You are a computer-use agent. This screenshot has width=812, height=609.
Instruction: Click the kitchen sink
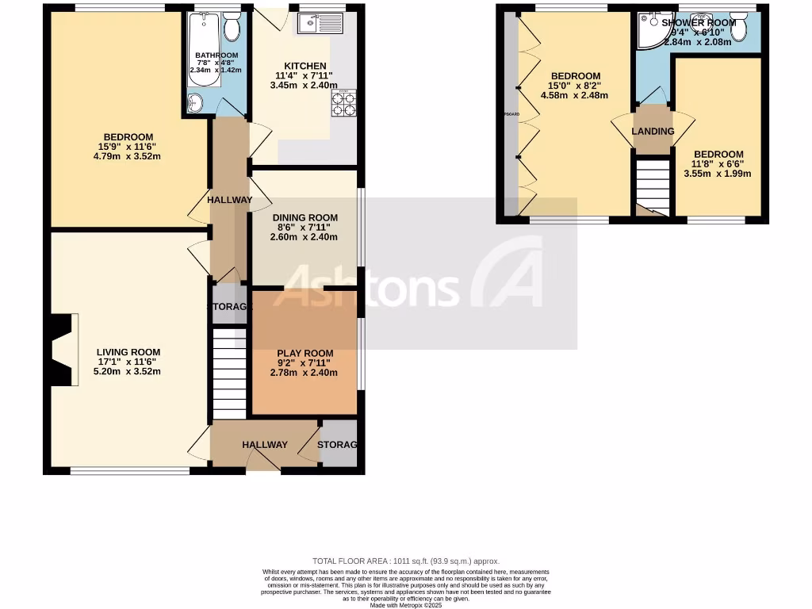point(320,24)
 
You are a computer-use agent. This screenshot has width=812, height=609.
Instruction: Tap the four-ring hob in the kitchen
point(347,104)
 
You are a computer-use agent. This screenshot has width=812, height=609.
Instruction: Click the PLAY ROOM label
point(304,353)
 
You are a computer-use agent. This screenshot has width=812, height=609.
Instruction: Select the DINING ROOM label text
point(304,217)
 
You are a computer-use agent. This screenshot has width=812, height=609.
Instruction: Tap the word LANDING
point(653,132)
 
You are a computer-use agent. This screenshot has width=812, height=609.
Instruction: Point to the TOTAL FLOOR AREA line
point(406,561)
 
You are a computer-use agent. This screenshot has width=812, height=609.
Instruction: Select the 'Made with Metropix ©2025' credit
point(406,605)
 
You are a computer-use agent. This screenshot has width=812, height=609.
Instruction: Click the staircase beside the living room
point(230,373)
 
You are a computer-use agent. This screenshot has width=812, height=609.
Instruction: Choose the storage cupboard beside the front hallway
point(339,445)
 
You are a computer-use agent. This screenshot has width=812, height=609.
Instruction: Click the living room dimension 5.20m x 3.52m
point(128,370)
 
